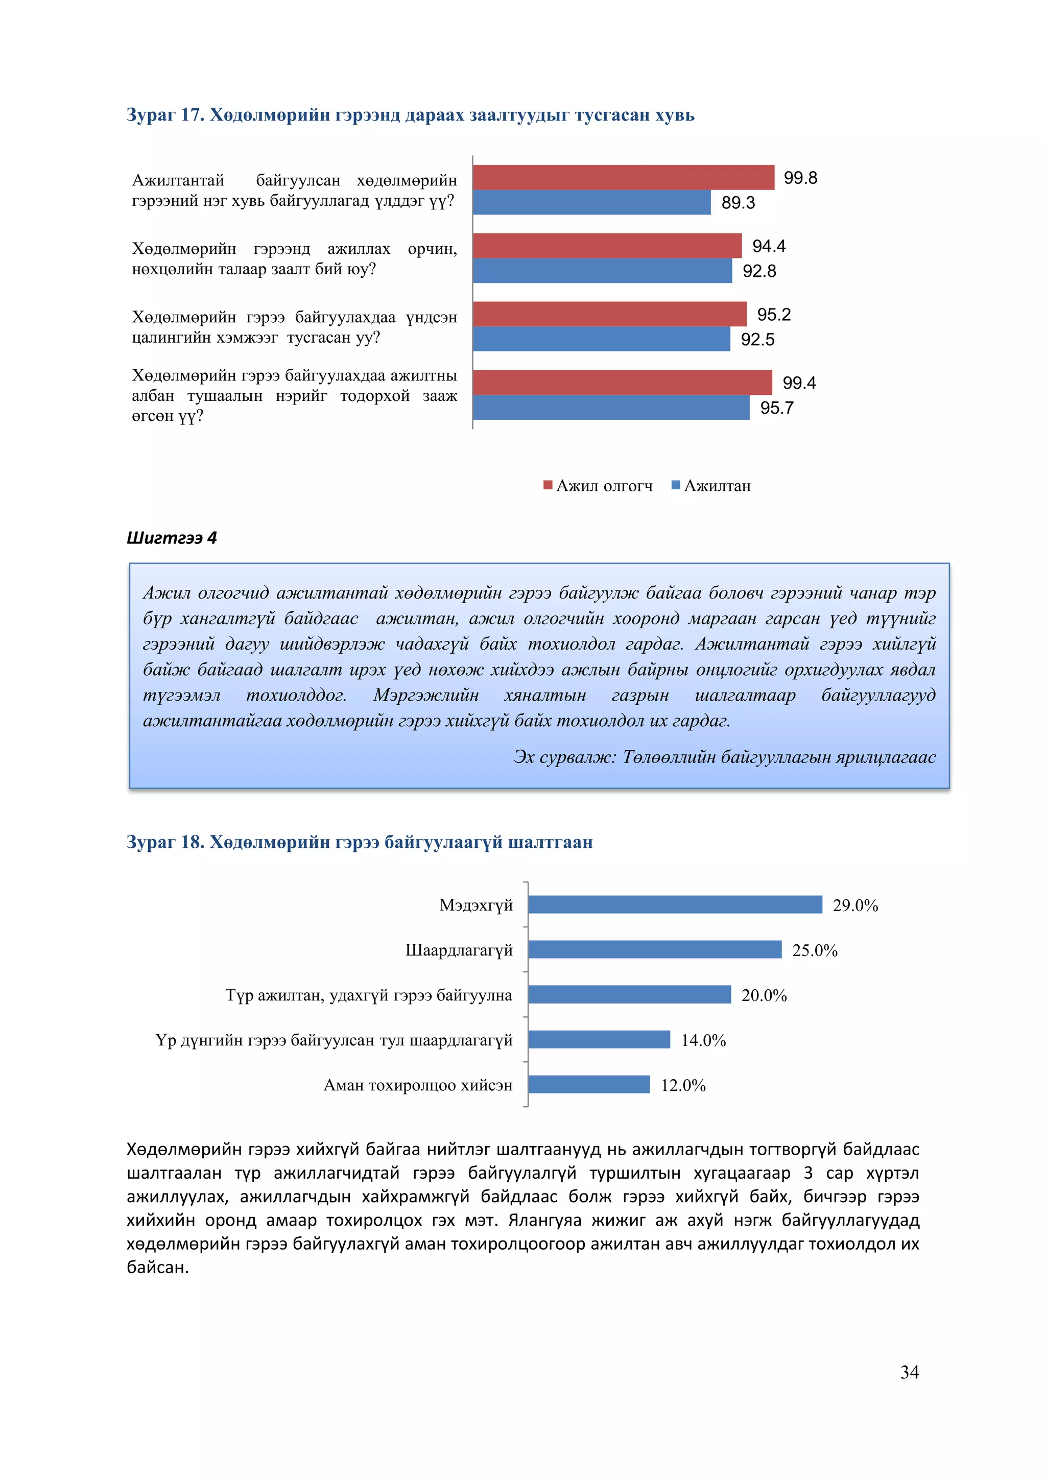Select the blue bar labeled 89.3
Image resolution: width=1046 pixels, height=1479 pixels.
pos(591,202)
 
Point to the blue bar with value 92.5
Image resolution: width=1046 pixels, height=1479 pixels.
pos(601,339)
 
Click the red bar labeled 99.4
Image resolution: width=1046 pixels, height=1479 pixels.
pos(622,382)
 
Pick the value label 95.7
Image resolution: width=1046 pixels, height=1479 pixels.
pos(776,408)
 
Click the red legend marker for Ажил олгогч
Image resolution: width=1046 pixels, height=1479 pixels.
pos(548,485)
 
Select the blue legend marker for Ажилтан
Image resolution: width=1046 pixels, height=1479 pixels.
pos(676,485)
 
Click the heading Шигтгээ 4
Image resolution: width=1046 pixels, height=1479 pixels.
pos(171,538)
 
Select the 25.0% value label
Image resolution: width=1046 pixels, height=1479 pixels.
pos(814,950)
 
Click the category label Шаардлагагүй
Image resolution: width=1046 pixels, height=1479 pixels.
pos(459,950)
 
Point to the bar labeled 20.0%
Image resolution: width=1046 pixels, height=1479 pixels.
pos(629,994)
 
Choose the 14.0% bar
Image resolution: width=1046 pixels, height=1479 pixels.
pos(599,1040)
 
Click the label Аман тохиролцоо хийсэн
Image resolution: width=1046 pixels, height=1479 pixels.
pos(417,1085)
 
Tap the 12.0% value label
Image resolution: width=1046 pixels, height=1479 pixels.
pos(683,1085)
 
